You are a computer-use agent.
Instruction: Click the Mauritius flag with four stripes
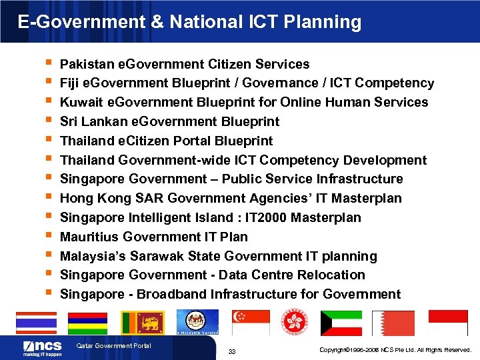[x=87, y=323]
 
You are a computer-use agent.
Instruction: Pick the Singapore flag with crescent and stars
[x=251, y=323]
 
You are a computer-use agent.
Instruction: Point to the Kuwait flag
[x=341, y=323]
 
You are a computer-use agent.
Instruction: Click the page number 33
[x=232, y=351]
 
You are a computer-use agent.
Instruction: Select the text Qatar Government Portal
[x=114, y=345]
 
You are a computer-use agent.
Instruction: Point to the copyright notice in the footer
[x=395, y=349]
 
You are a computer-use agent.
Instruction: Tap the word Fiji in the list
[x=69, y=83]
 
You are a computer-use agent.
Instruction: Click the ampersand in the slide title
[x=157, y=22]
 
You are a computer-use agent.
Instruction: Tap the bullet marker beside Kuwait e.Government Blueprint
[x=45, y=101]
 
